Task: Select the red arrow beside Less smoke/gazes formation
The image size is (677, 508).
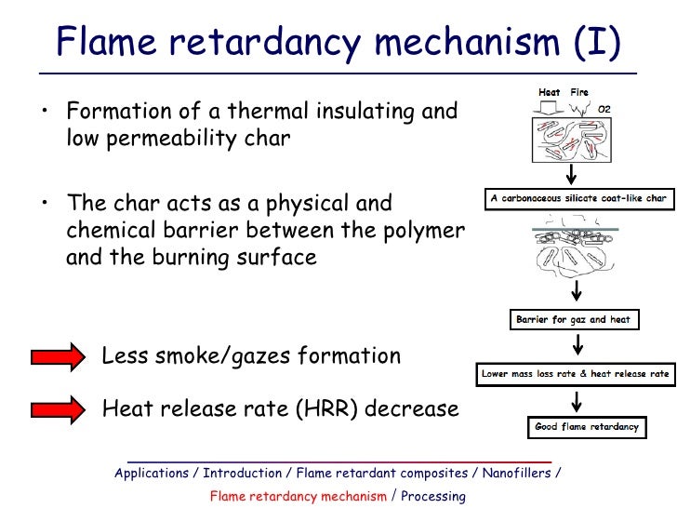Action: click(58, 356)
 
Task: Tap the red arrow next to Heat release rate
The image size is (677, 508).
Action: click(58, 408)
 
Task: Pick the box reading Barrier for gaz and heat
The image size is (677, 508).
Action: click(573, 319)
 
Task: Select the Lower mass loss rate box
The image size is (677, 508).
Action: click(575, 374)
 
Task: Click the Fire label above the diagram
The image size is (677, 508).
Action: click(579, 93)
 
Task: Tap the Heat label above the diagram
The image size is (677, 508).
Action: click(550, 93)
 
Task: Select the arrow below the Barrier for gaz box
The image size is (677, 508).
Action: click(577, 345)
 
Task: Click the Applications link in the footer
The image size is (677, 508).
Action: click(152, 473)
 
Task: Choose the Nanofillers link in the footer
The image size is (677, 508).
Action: click(516, 473)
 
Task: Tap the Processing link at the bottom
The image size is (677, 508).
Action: click(433, 496)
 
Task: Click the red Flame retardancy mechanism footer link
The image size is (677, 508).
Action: click(298, 496)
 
